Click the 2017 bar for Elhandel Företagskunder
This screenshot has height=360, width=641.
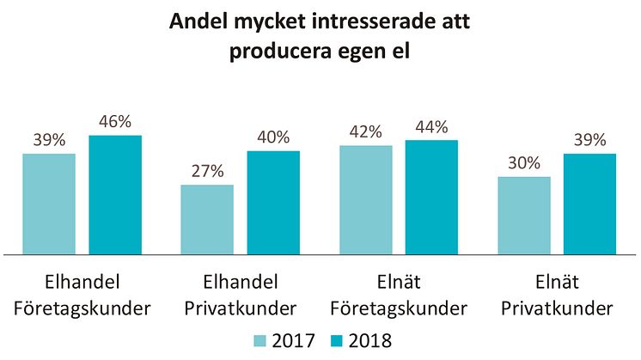coord(49,204)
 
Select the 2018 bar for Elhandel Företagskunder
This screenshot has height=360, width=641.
coord(114,195)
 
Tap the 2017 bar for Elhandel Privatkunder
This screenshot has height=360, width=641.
coord(207,220)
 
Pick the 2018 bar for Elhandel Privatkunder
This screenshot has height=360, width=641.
coord(273,203)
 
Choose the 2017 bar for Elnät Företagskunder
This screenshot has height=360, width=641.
coord(365,200)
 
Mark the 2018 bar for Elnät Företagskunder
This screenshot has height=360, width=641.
coord(431,198)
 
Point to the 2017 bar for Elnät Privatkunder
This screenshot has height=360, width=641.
coord(524,216)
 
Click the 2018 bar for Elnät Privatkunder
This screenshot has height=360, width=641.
coord(589,204)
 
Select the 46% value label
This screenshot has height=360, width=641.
coord(114,122)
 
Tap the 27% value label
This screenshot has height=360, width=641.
coord(207,171)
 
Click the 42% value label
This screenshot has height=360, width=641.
coord(365,132)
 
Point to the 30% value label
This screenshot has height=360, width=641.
coord(524,163)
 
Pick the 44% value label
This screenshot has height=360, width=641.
coord(431,127)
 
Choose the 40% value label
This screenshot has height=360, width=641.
coord(273,137)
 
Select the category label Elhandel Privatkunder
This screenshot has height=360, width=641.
coord(241,294)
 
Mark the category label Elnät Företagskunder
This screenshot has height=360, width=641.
coord(400,294)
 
